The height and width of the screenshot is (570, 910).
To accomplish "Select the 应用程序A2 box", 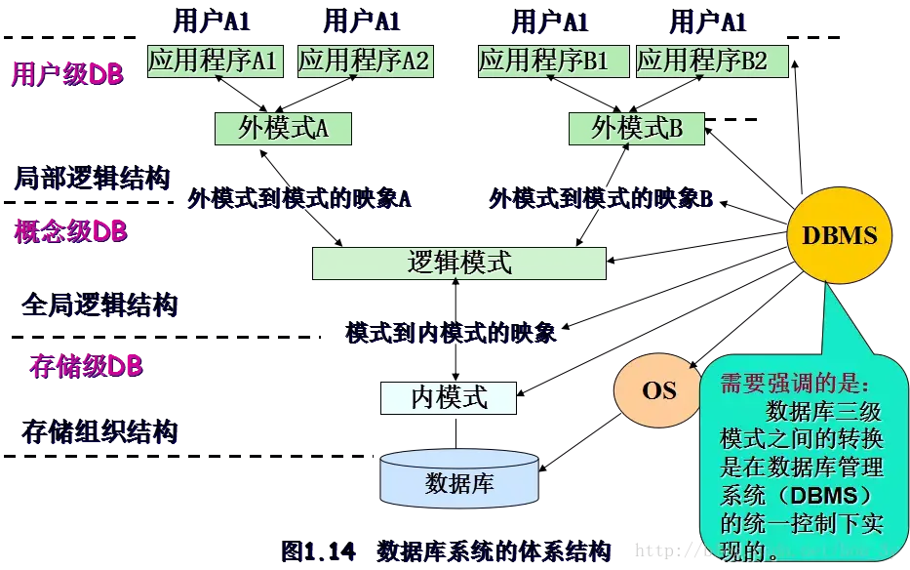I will point(364,61).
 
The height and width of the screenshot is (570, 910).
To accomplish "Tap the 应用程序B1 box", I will point(543,61).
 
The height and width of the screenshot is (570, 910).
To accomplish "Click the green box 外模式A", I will point(283,129).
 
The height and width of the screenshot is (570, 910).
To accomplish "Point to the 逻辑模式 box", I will point(459,263).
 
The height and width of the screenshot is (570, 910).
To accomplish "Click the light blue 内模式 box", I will point(449,397).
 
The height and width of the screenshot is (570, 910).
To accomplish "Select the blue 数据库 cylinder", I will point(459,482).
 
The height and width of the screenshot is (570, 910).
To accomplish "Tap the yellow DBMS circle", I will point(839,235).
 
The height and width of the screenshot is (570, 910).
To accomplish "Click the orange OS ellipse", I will point(659,390).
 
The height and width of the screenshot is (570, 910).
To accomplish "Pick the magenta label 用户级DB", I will point(66,73).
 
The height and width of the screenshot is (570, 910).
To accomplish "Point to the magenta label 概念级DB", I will point(70,231).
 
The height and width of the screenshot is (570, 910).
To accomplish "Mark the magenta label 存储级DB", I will point(86,366).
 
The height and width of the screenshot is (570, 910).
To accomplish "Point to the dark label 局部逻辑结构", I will point(94,180).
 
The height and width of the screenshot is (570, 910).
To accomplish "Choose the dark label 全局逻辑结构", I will point(100,305).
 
